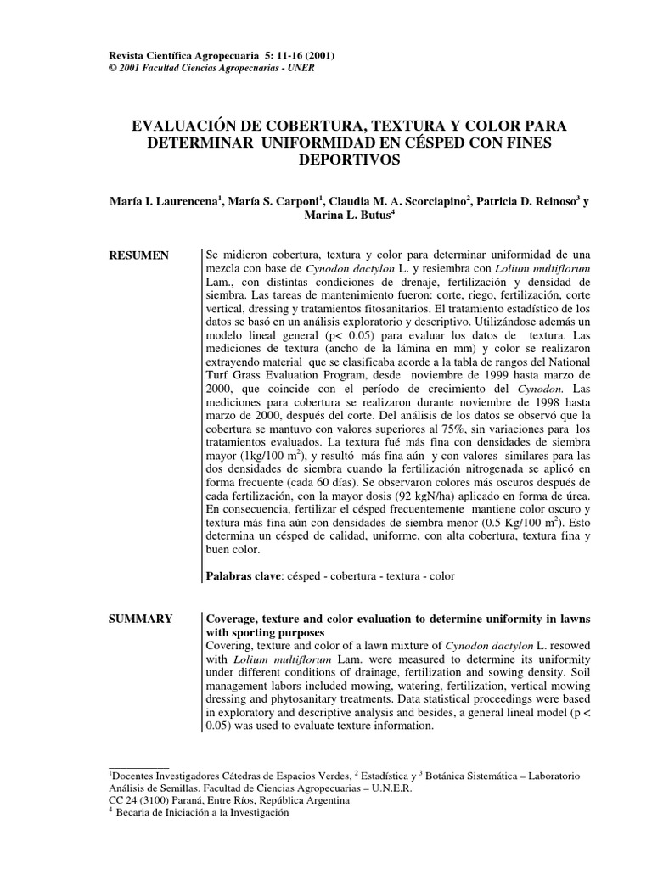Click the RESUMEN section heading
(x=139, y=255)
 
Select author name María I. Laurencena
(x=164, y=201)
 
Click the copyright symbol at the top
(x=104, y=69)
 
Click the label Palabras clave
(x=241, y=576)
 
